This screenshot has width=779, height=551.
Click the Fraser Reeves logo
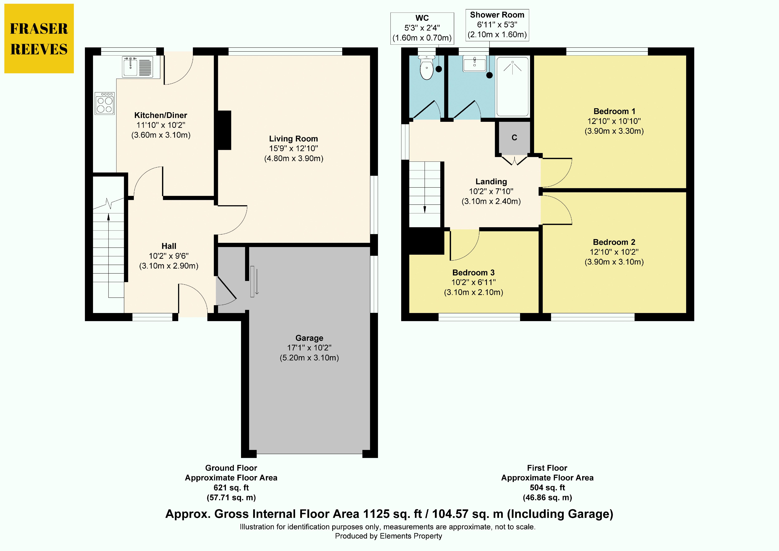tap(39, 38)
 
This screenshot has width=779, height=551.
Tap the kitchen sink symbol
tap(137, 67)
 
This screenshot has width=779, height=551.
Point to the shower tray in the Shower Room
tap(512, 87)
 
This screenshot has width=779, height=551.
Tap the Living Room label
tap(294, 139)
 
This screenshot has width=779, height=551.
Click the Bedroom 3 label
tap(473, 272)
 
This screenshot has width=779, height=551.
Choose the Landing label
tap(491, 182)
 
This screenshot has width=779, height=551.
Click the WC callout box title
tap(422, 18)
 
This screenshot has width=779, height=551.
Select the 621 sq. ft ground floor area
tap(231, 488)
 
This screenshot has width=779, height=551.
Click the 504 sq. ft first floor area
tap(547, 488)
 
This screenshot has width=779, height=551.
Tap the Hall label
tap(169, 246)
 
